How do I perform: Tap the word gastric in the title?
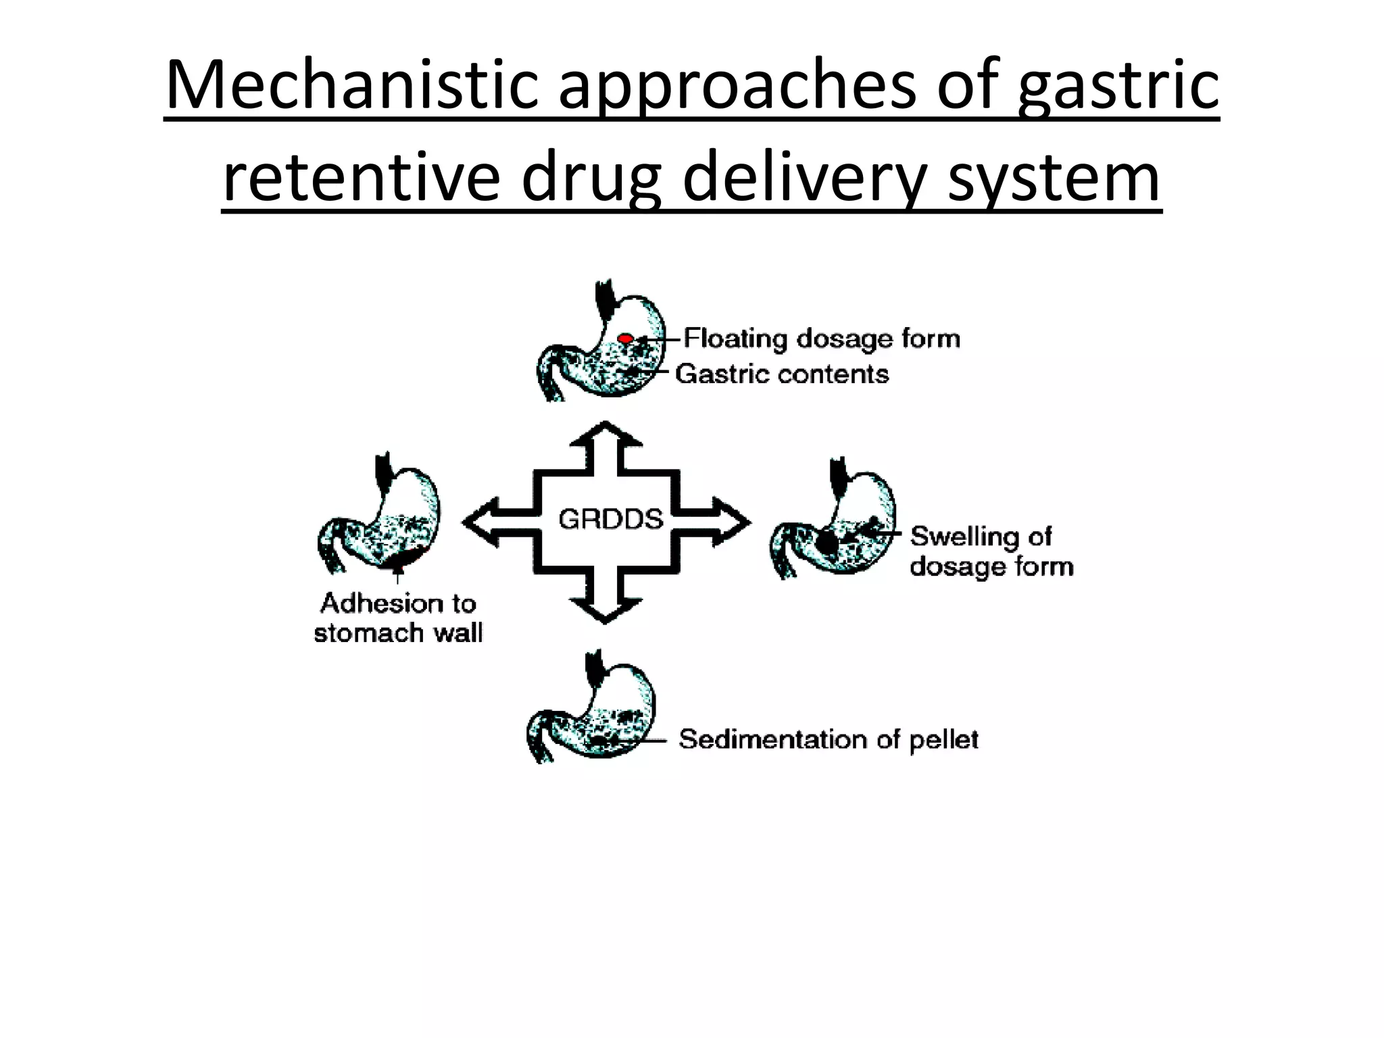tap(1118, 86)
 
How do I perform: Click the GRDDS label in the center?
tap(610, 520)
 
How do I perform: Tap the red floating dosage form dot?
tap(626, 338)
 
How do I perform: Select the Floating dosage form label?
tap(822, 338)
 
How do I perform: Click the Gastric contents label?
tap(782, 374)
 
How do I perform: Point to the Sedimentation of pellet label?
tap(829, 739)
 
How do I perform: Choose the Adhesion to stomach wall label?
tap(398, 618)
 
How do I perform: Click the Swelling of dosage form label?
tap(991, 551)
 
